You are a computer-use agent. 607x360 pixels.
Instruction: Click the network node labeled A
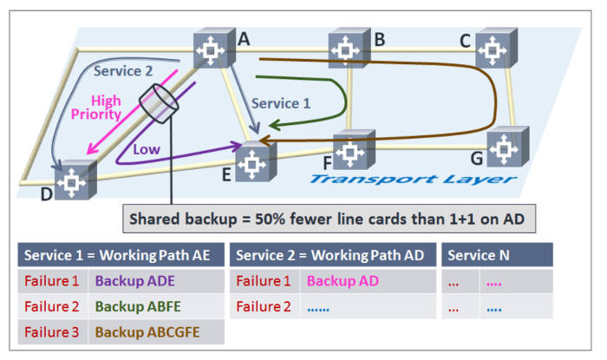pyautogui.click(x=211, y=49)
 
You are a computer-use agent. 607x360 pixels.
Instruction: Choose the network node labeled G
pyautogui.click(x=505, y=148)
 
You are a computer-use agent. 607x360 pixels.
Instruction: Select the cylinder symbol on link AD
pyautogui.click(x=158, y=104)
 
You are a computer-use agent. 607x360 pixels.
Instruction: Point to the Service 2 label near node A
pyautogui.click(x=122, y=70)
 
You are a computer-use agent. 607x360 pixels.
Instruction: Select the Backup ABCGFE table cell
pyautogui.click(x=146, y=331)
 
